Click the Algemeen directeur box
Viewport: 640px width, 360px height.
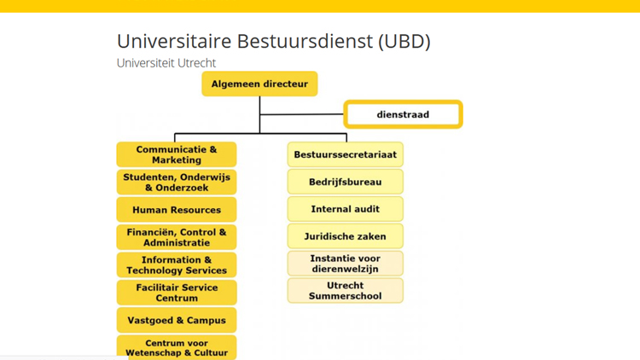click(259, 84)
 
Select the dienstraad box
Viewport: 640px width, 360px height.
click(403, 114)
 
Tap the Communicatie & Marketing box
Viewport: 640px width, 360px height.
click(177, 154)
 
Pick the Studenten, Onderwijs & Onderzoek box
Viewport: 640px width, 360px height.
click(177, 182)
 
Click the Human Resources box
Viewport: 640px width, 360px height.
click(177, 209)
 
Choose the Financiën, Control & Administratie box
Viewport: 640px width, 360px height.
click(177, 237)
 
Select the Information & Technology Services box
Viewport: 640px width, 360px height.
click(177, 265)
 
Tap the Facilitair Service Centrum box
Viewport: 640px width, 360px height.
click(177, 293)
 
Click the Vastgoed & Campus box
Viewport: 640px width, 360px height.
click(177, 320)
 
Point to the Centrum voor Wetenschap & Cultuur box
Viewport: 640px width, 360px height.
click(177, 347)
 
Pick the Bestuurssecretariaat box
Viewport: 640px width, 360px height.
click(346, 154)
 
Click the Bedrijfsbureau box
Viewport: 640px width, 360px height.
click(346, 182)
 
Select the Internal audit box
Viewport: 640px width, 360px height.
click(346, 209)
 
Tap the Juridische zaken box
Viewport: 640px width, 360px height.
click(346, 236)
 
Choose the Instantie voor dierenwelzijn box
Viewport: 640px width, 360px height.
click(346, 264)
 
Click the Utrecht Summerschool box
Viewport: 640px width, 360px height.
click(346, 290)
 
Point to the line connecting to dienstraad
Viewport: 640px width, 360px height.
click(301, 114)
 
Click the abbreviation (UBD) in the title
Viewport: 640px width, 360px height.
click(404, 41)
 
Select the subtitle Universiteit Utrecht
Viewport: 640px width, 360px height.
click(166, 63)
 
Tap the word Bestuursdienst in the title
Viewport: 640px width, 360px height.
click(305, 41)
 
